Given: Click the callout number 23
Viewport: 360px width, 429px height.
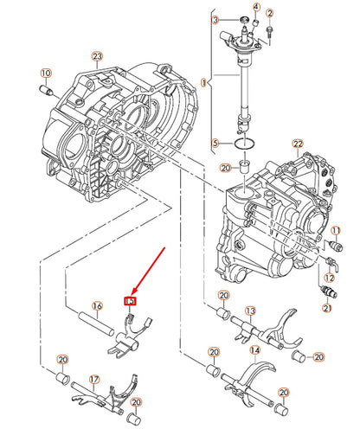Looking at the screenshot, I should tap(97, 56).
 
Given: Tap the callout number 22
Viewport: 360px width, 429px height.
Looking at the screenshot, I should tap(297, 143).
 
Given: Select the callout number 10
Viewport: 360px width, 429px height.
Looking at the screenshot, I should tap(46, 74).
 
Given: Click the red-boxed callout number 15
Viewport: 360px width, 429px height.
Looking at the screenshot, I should tap(131, 301).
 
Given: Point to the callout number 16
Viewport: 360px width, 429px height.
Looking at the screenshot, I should tap(97, 306).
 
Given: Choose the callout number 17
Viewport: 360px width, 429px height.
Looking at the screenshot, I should tap(94, 379).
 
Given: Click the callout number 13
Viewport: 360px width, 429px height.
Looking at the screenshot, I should tap(250, 311).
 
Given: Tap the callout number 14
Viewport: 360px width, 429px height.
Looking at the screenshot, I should tap(254, 351).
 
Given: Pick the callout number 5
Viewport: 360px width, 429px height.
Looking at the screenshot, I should tap(215, 143).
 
